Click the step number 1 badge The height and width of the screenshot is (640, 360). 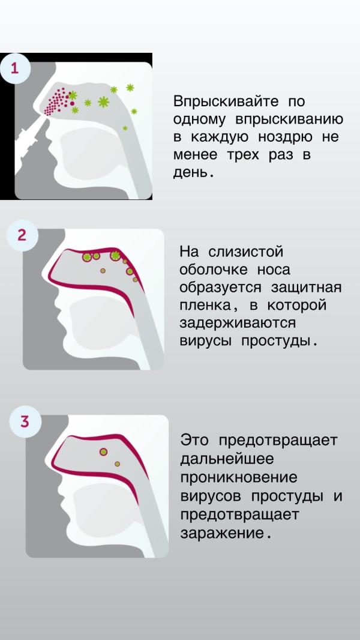(x=14, y=68)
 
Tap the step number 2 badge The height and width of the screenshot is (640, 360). (x=22, y=235)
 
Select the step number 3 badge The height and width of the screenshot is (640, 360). (x=25, y=421)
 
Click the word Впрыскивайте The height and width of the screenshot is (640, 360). (x=226, y=101)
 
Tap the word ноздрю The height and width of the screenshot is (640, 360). (x=286, y=137)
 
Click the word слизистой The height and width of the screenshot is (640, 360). (x=245, y=252)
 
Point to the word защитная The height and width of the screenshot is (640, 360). (x=306, y=288)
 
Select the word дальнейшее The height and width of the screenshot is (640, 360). (x=227, y=459)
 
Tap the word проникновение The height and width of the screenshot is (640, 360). (x=239, y=477)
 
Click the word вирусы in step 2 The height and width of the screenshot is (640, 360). (x=205, y=341)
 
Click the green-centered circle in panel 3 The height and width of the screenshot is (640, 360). (x=104, y=451)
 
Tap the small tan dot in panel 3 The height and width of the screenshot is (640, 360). (x=118, y=463)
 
